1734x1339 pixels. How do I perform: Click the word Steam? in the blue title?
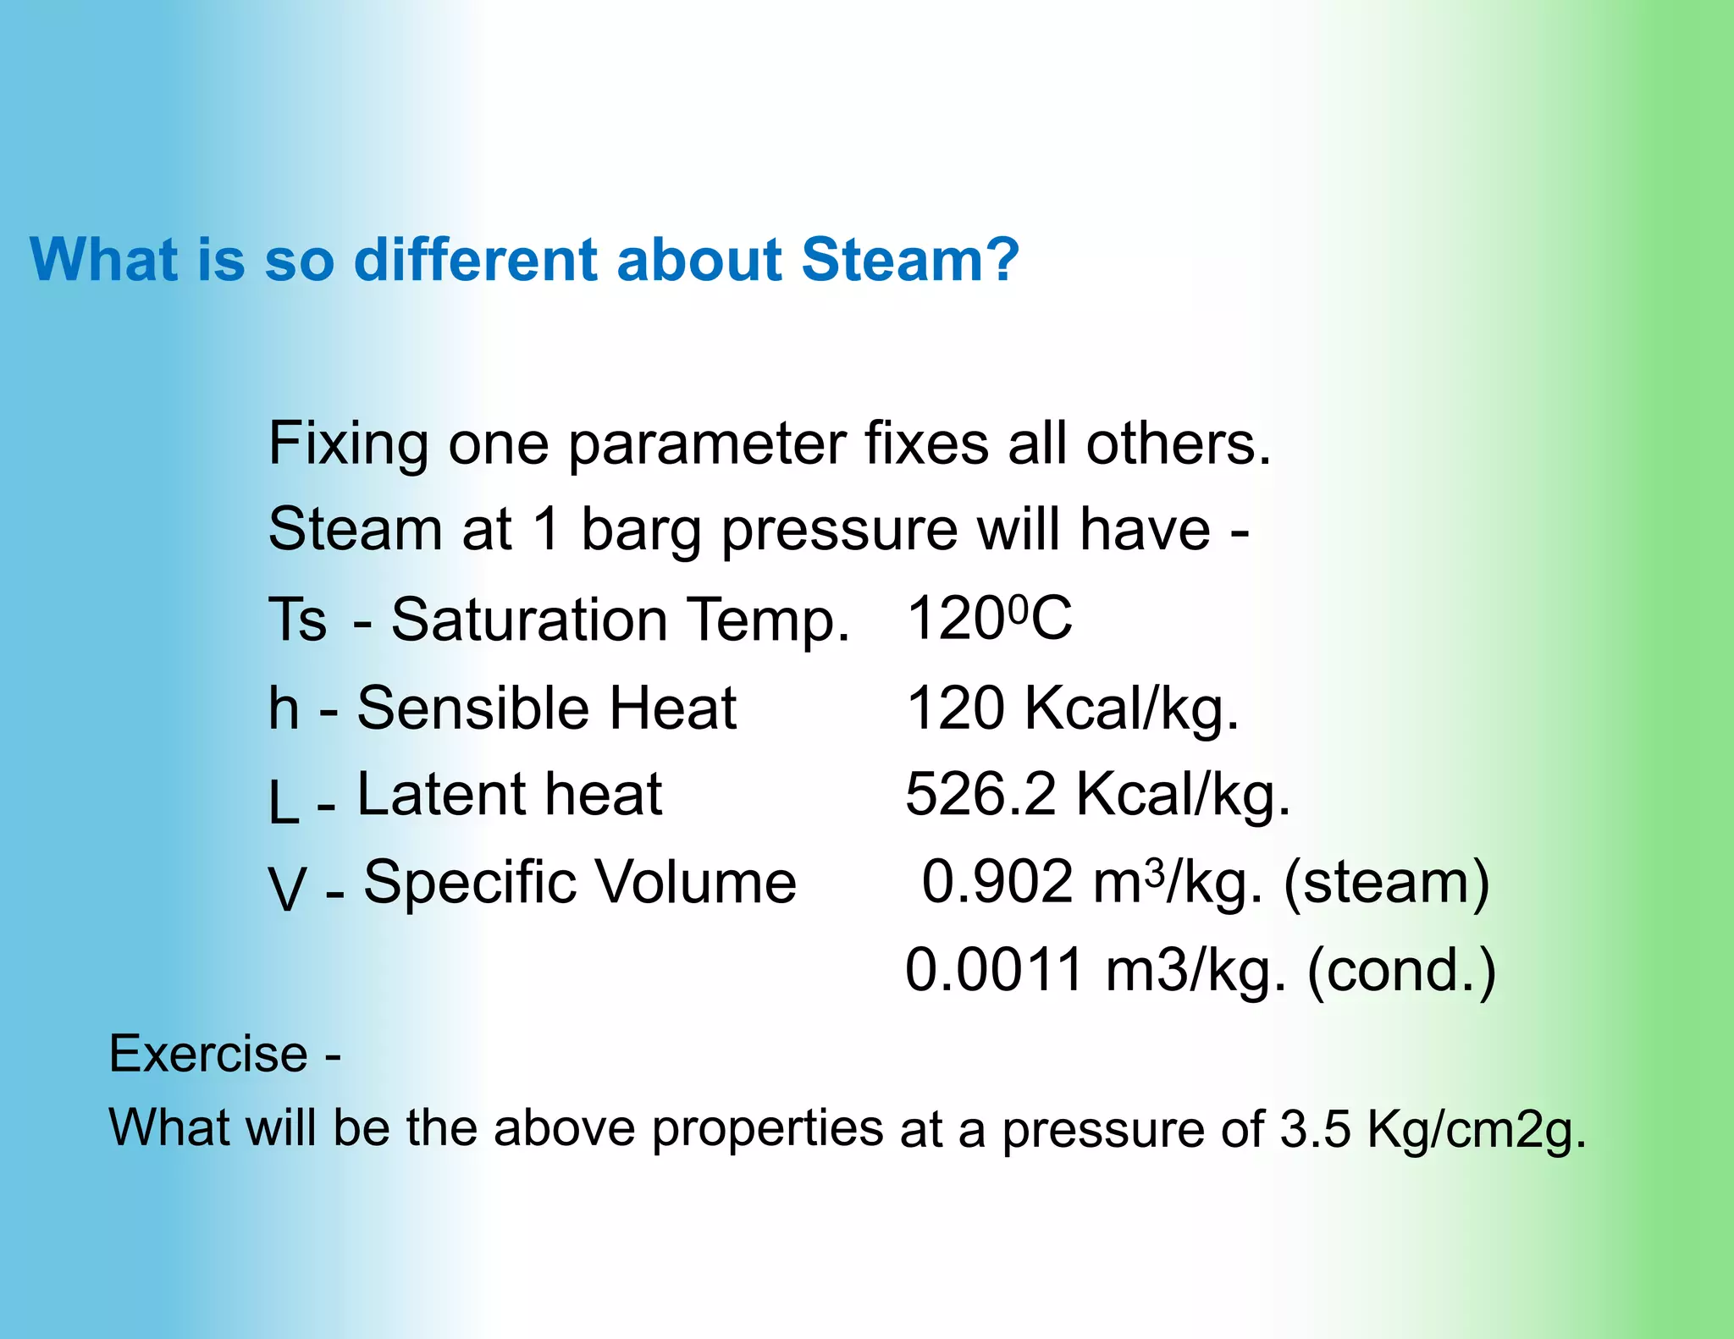[910, 259]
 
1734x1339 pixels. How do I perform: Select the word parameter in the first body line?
[706, 445]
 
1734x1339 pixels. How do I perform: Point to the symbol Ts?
[297, 620]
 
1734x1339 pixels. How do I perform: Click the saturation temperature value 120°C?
[989, 619]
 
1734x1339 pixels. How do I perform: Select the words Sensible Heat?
[546, 708]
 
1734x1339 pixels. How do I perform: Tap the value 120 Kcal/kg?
[1072, 708]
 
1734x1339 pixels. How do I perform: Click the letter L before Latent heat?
[284, 802]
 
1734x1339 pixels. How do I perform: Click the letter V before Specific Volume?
[287, 890]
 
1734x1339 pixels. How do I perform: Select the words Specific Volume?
[580, 882]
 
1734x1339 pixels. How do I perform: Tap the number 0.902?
[997, 882]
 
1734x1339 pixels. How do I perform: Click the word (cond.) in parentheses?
[1401, 972]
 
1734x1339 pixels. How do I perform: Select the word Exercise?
[208, 1054]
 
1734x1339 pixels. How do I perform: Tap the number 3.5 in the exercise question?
[1314, 1129]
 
